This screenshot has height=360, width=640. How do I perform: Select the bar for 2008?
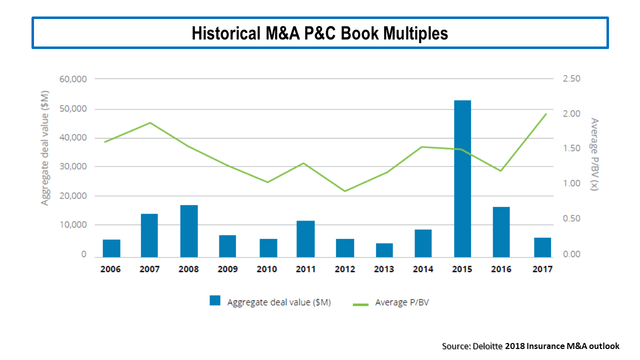[x=189, y=231]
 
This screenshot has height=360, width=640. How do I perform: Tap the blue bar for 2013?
[x=384, y=250]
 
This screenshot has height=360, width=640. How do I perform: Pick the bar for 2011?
[x=305, y=238]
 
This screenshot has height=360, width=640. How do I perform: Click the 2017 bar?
[x=542, y=247]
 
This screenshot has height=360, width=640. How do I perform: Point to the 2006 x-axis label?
[x=110, y=269]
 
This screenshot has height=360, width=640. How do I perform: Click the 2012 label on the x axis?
[x=345, y=269]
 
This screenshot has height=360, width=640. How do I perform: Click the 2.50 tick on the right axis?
[x=572, y=79]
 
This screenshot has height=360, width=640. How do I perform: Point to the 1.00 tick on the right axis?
[x=572, y=183]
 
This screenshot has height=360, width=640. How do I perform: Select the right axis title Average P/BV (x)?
[x=594, y=154]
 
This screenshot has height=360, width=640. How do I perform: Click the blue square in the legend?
[x=215, y=300]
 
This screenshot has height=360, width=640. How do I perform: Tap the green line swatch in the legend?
[x=360, y=303]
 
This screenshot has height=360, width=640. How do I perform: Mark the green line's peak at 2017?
[x=545, y=114]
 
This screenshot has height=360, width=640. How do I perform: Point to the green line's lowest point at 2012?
[x=345, y=191]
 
